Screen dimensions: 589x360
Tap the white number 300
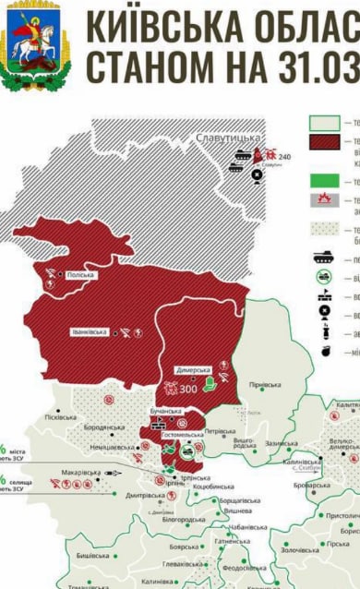point(188,389)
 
